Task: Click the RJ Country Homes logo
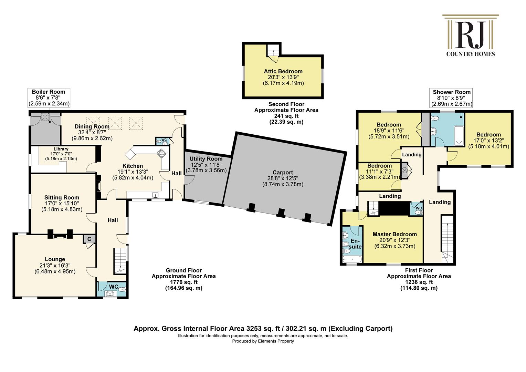tap(470, 35)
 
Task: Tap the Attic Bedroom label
tap(283, 71)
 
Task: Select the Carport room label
tap(283, 172)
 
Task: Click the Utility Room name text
tap(206, 159)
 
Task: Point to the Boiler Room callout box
tap(49, 98)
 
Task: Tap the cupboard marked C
tap(89, 239)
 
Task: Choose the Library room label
tap(61, 149)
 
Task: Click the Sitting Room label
tap(62, 197)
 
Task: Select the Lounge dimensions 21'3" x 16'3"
tap(55, 265)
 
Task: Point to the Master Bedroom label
tap(395, 234)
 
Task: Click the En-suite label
tap(355, 244)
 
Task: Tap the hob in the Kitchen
tap(161, 153)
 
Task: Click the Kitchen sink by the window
tap(155, 195)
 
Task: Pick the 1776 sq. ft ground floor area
tap(184, 282)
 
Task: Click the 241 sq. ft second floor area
tap(286, 116)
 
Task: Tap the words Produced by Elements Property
tap(263, 341)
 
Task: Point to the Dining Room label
tap(92, 126)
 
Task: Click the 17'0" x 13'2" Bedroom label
tap(489, 141)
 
